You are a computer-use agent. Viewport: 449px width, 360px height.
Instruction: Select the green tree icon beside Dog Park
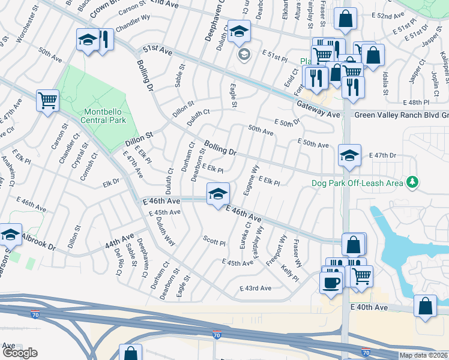(412, 181)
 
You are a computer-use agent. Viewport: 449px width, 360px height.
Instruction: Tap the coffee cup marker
(331, 282)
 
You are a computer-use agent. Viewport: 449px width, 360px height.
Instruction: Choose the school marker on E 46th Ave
(217, 193)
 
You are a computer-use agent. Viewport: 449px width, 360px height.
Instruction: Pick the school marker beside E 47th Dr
(349, 155)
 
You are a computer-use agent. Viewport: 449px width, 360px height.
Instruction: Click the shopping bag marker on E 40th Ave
(425, 307)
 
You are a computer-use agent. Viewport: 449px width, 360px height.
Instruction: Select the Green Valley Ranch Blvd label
(397, 115)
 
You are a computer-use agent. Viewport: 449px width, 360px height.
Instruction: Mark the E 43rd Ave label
(256, 288)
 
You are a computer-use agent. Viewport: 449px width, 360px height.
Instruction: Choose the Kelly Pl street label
(289, 271)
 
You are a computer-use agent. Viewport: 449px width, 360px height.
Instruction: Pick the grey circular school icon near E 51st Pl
(244, 55)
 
